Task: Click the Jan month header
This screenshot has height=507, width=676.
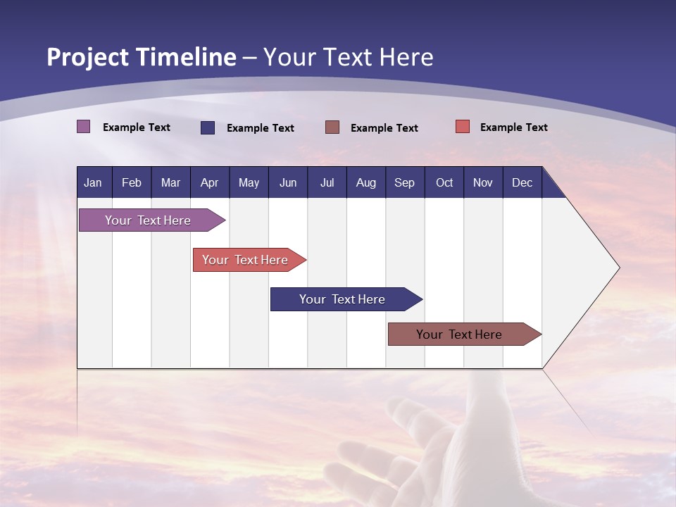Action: pos(94,182)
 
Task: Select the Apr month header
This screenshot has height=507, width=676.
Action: pos(210,182)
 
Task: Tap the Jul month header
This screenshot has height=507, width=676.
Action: pos(327,182)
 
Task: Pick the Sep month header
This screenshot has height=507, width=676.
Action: pos(405,182)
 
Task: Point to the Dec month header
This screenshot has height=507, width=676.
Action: pos(522,182)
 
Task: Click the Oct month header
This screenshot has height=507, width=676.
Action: pos(444,182)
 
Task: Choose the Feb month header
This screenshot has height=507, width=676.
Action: pos(132,182)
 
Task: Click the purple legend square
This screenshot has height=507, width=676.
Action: pos(84,127)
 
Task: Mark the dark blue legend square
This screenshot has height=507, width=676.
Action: pos(208,127)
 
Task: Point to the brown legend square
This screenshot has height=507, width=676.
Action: pos(332,127)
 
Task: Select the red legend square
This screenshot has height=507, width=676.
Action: pos(463,127)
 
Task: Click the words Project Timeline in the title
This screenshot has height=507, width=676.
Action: pos(141,57)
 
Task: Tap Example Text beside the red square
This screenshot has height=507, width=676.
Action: pos(513,127)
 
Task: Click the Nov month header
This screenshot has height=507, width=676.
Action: pos(483,182)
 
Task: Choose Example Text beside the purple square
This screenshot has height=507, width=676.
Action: pos(137,127)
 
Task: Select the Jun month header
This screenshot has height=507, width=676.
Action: pos(288,182)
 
